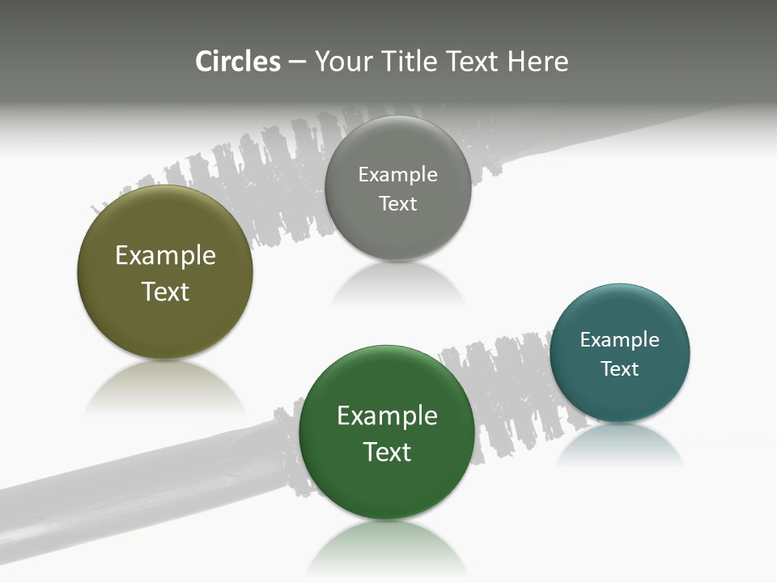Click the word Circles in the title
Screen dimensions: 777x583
[x=238, y=62]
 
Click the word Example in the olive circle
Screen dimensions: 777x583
[x=165, y=256]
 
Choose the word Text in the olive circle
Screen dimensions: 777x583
[x=165, y=291]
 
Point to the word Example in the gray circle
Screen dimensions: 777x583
[x=397, y=175]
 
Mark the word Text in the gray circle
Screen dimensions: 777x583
[x=397, y=204]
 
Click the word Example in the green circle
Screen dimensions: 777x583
[x=387, y=416]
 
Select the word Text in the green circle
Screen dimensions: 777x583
[x=387, y=452]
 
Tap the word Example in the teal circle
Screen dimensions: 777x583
[x=619, y=340]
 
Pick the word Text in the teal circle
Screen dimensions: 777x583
[x=619, y=369]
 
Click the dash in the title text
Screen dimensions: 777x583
[x=297, y=62]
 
